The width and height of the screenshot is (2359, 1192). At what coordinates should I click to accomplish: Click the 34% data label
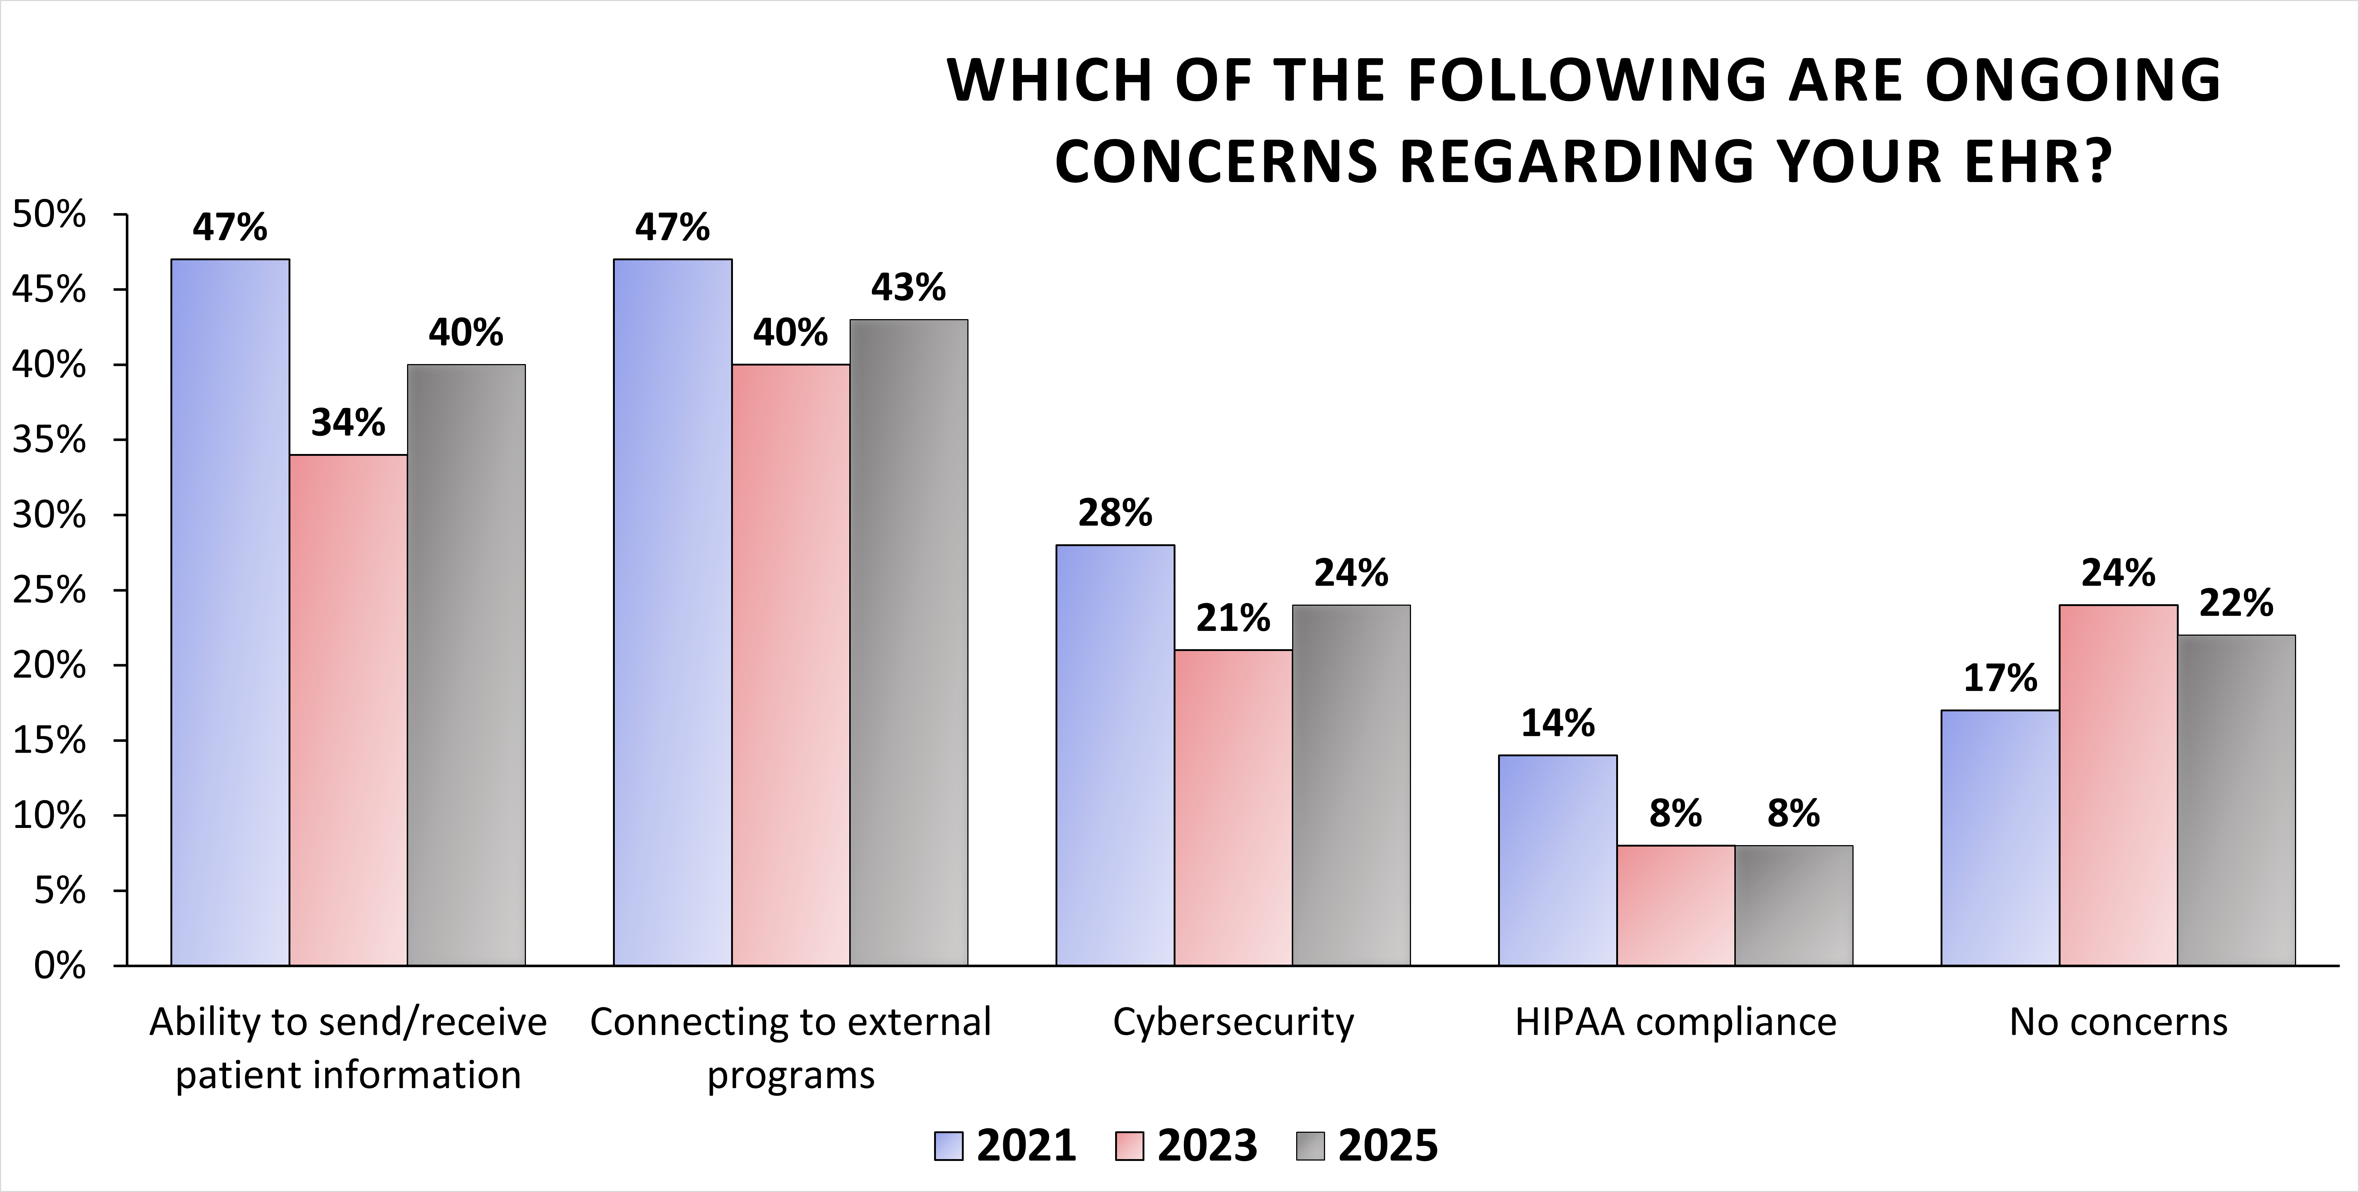click(348, 423)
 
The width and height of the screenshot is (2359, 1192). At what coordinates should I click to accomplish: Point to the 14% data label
click(1558, 723)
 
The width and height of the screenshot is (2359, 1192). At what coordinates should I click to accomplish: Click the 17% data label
click(2000, 678)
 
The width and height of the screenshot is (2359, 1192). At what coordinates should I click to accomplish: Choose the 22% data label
click(2236, 603)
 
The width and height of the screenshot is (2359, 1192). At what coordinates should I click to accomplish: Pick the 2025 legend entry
click(1367, 1145)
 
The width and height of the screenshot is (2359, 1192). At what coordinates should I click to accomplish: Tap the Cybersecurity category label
click(1233, 1022)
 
